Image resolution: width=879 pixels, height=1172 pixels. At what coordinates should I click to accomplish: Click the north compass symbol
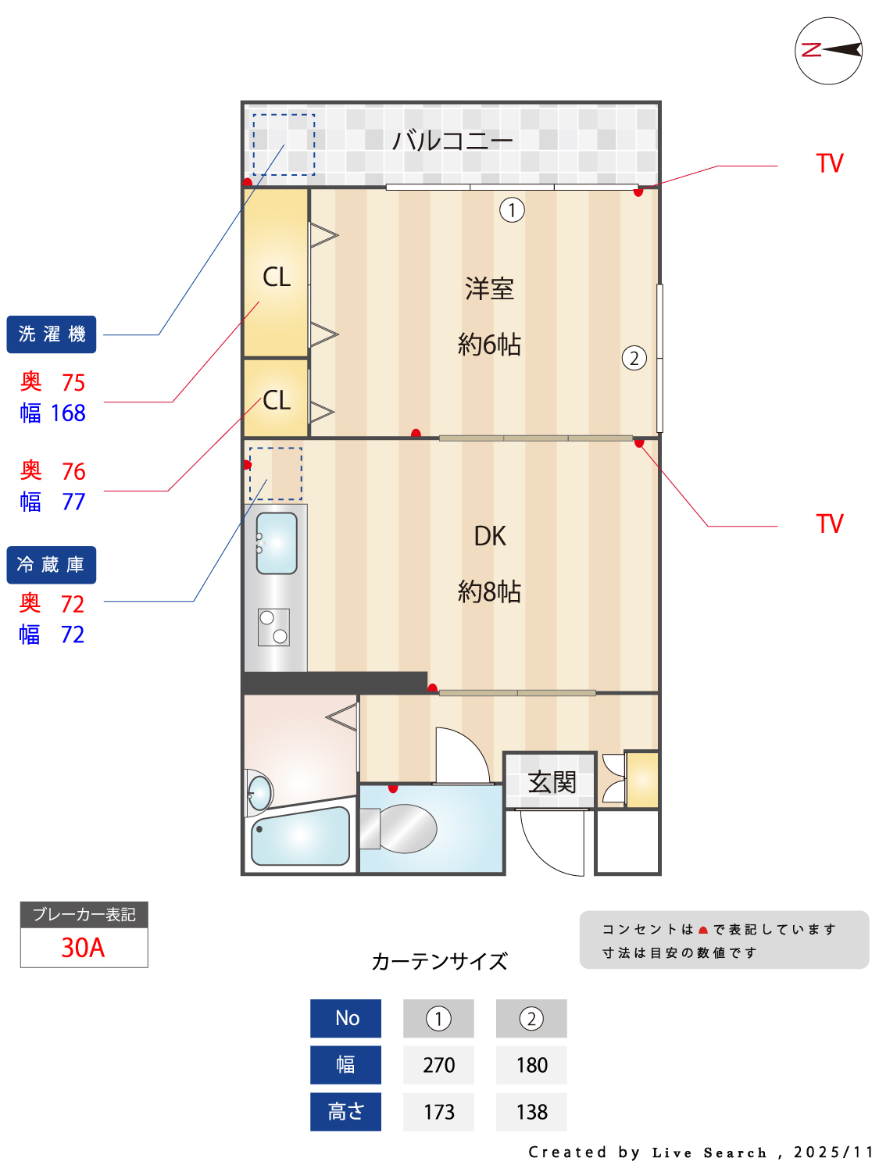click(x=828, y=51)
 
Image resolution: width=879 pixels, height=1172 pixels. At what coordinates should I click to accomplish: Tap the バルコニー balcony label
click(x=452, y=141)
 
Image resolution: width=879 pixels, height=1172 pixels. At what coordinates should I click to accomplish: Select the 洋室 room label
click(x=489, y=289)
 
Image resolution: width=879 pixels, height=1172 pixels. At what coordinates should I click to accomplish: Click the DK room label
click(x=490, y=536)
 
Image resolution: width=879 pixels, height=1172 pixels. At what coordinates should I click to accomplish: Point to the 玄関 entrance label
click(x=552, y=781)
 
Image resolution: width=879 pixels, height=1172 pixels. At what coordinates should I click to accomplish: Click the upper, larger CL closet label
click(x=277, y=277)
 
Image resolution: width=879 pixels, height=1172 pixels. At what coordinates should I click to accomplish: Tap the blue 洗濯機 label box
click(x=52, y=334)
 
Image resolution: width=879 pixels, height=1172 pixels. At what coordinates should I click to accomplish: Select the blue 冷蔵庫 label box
click(x=52, y=565)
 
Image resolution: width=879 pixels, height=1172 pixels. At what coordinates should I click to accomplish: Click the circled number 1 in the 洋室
click(x=512, y=210)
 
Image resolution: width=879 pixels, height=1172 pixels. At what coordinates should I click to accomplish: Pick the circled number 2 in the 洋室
click(x=634, y=359)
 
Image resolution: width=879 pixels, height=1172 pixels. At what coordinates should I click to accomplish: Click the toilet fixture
click(x=402, y=828)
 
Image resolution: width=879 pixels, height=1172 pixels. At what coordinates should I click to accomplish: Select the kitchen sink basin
click(x=277, y=543)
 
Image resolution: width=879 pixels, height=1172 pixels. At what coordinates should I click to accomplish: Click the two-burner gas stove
click(x=274, y=627)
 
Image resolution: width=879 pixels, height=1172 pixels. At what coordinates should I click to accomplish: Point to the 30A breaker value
click(x=83, y=948)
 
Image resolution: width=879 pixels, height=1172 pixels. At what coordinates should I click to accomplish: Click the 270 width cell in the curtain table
click(x=438, y=1065)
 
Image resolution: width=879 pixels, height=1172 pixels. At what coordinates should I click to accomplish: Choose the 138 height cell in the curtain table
click(x=531, y=1112)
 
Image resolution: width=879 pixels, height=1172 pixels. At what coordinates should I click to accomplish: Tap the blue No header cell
click(x=346, y=1018)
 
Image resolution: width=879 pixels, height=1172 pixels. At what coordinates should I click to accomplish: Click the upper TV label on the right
click(x=830, y=164)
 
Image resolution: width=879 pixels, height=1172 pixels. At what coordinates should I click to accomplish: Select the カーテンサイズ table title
click(x=439, y=961)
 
